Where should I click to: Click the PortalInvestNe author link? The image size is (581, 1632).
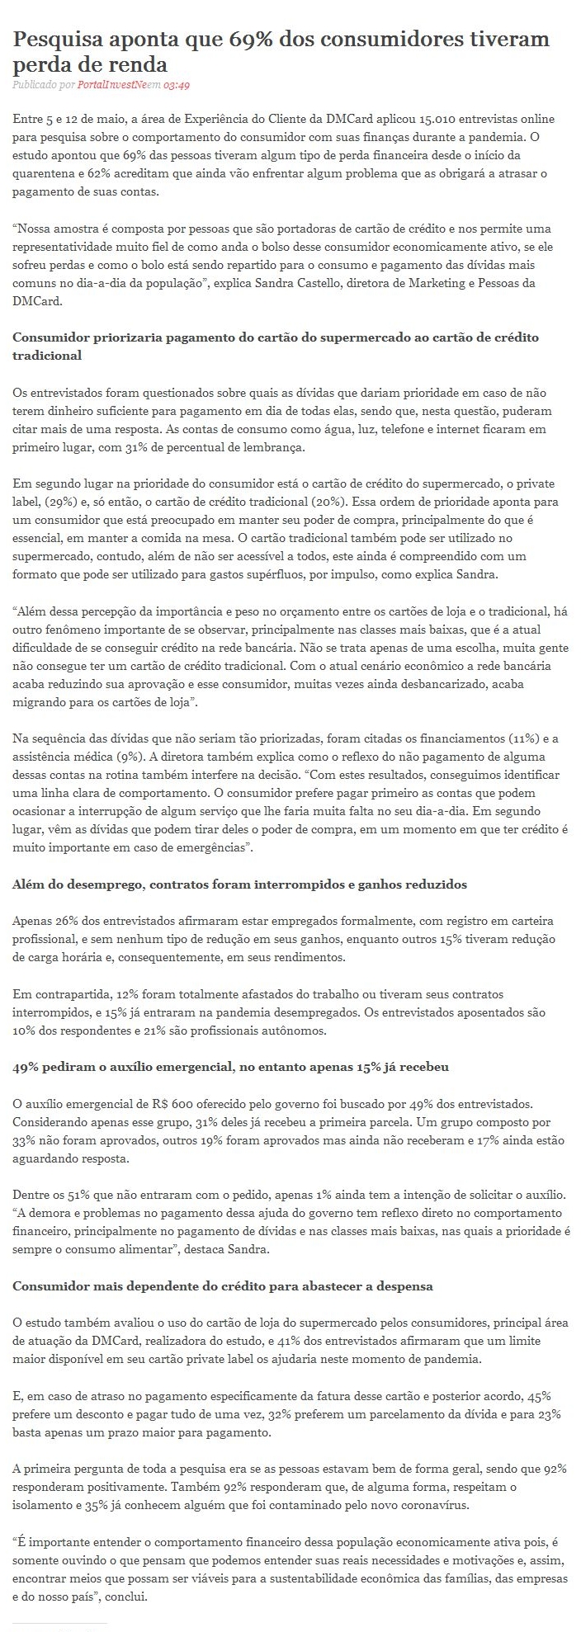(x=116, y=85)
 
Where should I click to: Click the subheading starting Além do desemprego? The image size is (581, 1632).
(x=240, y=884)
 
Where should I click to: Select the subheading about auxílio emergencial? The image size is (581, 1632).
(x=231, y=1067)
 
